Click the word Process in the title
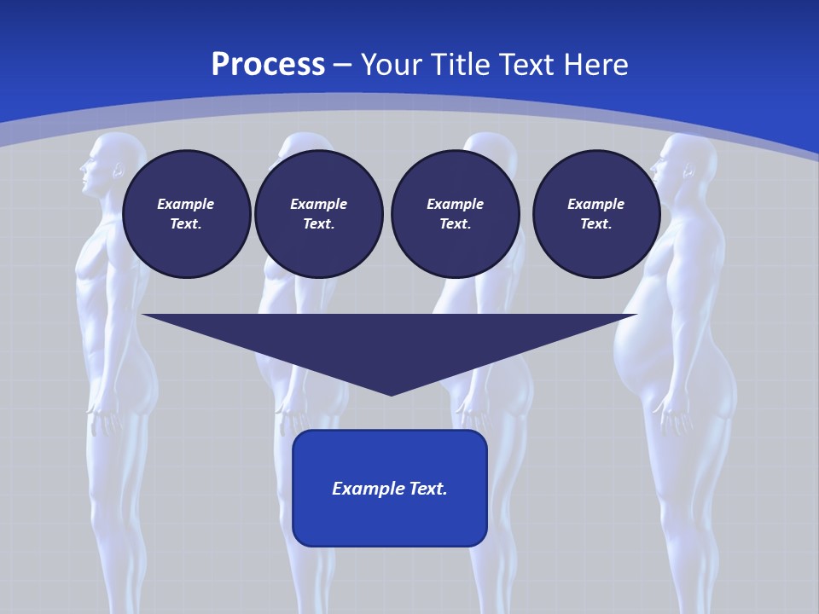tap(268, 65)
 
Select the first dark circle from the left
tap(187, 214)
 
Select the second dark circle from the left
tap(318, 214)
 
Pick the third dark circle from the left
tap(455, 214)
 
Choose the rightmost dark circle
tap(596, 214)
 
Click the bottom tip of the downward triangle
tap(391, 393)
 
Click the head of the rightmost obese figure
tap(682, 162)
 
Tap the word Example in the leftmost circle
tap(186, 204)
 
